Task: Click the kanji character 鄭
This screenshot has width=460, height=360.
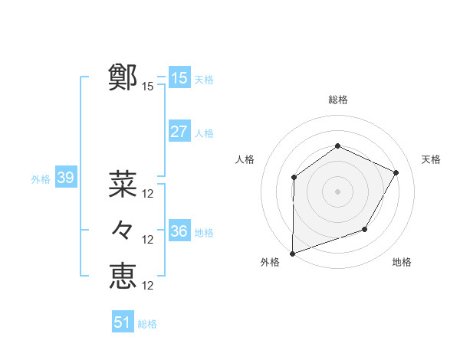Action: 123,77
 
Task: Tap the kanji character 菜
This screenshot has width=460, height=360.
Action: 123,184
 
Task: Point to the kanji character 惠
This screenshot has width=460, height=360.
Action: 123,276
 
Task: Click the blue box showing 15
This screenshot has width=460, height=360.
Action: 179,77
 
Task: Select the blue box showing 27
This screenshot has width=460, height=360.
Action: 179,132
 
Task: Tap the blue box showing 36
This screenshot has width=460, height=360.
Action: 179,231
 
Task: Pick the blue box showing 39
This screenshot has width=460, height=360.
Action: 65,178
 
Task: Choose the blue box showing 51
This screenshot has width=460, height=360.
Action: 123,322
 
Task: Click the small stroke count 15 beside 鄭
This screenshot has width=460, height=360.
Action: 148,87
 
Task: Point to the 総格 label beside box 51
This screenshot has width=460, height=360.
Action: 147,324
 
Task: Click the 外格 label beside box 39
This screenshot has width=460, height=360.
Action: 41,179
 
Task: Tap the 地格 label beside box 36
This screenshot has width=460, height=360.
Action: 204,232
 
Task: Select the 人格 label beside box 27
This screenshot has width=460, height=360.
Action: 204,133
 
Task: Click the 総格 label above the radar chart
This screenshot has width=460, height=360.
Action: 337,100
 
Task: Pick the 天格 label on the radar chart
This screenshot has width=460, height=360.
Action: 431,159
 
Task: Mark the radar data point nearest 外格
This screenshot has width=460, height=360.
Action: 292,253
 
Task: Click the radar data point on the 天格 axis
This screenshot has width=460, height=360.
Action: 396,172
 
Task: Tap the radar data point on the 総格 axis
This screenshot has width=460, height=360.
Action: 337,146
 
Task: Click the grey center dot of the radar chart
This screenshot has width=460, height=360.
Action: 337,191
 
